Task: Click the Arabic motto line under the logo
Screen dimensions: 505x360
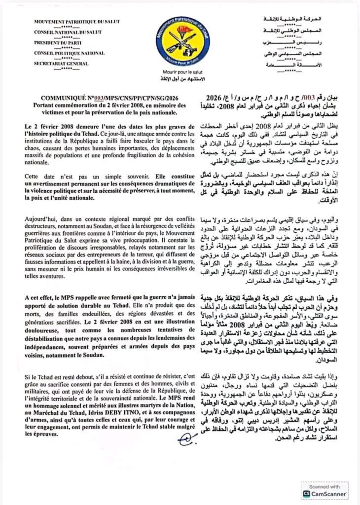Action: pos(180,78)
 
